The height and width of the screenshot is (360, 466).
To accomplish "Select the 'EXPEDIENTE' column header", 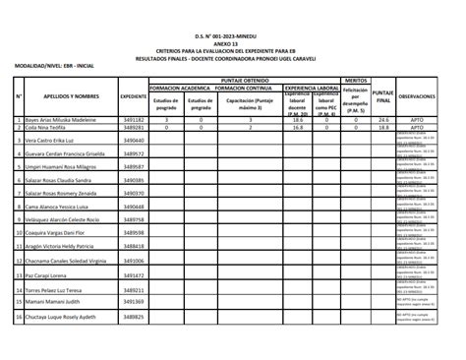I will coord(134,96).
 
